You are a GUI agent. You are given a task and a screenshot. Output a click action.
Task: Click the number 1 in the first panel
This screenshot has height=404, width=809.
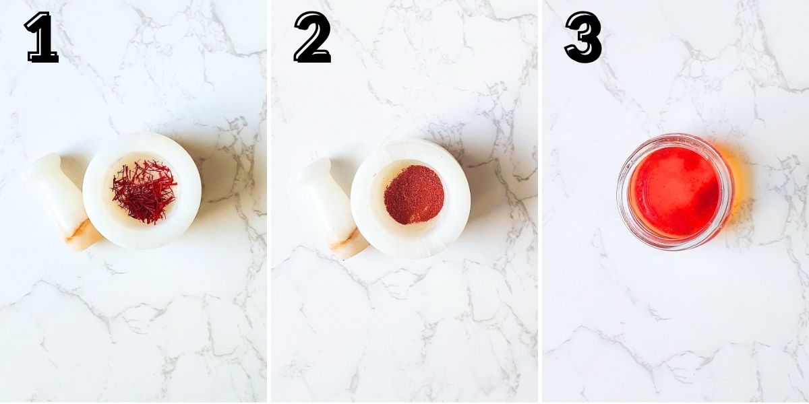click(42, 38)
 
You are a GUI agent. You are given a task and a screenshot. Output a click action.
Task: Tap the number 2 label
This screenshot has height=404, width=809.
click(312, 38)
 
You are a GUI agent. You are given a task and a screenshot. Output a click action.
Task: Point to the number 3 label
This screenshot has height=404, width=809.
click(584, 38)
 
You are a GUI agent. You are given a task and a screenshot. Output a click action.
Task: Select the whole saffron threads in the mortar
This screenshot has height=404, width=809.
click(144, 191)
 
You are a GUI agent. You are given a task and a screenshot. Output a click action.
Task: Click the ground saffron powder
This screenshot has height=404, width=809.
click(414, 195)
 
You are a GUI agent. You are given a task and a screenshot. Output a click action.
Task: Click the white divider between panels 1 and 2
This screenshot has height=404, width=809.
click(268, 202)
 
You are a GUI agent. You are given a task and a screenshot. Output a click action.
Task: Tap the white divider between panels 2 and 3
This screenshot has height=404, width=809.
click(540, 202)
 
